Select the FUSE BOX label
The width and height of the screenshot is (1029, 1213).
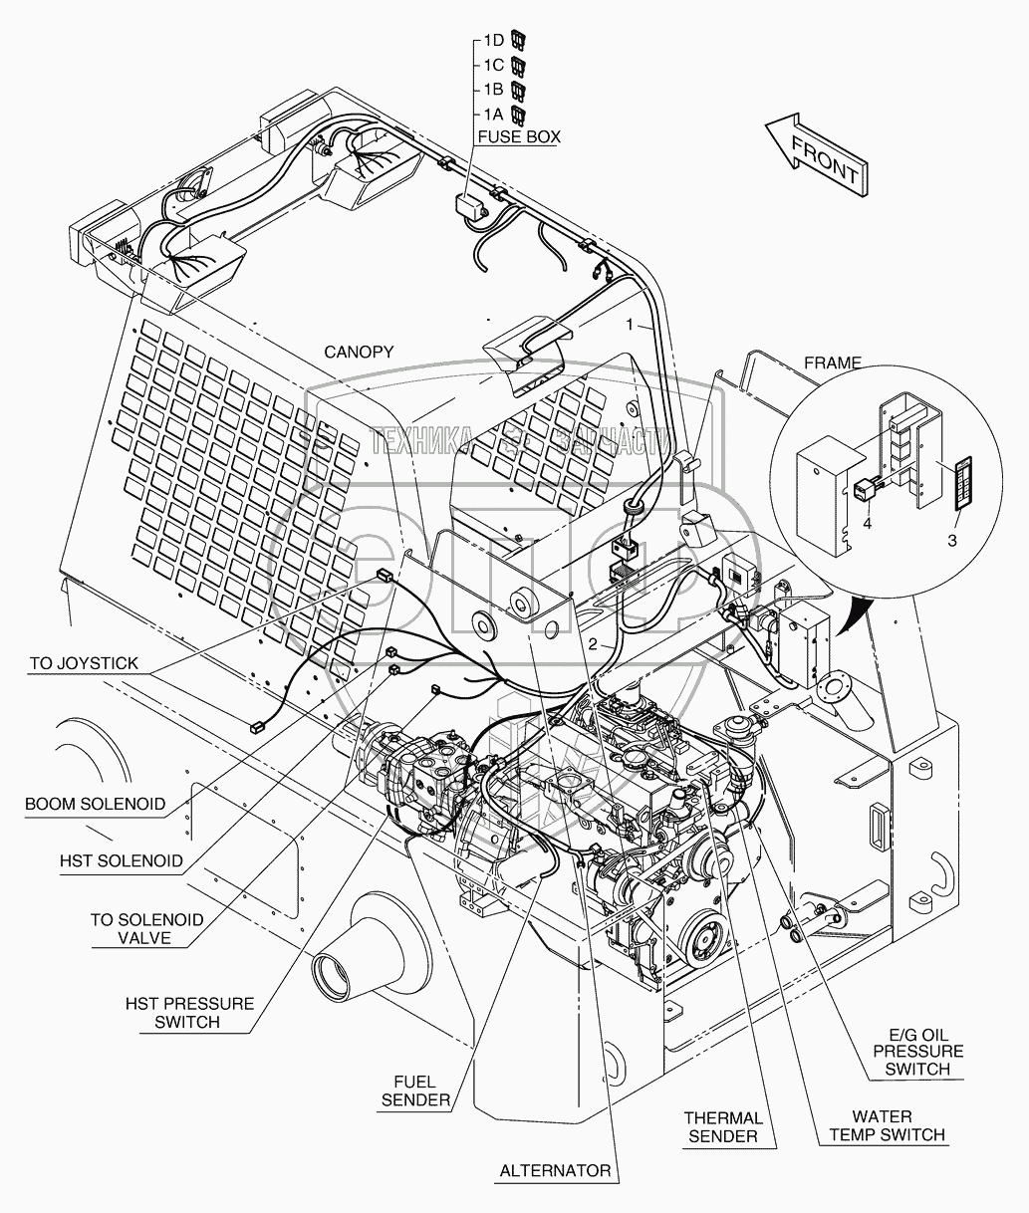click(x=518, y=136)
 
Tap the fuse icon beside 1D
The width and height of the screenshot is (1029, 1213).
click(x=518, y=41)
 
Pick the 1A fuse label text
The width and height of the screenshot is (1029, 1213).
click(x=493, y=114)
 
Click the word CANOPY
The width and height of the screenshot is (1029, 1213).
click(x=359, y=352)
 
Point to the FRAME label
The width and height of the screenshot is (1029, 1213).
click(x=833, y=363)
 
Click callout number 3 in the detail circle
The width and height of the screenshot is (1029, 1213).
click(x=951, y=540)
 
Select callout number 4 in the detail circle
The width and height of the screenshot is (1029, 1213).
click(x=867, y=522)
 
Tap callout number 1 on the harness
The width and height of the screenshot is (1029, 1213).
click(x=629, y=325)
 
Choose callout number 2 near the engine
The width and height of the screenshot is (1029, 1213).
click(x=593, y=643)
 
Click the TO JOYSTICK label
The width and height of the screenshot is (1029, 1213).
click(x=84, y=663)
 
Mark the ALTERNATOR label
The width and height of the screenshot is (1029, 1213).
click(x=555, y=1171)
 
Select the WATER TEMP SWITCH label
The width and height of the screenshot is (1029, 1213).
click(x=882, y=1125)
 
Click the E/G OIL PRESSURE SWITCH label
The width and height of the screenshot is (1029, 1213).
click(x=917, y=1051)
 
